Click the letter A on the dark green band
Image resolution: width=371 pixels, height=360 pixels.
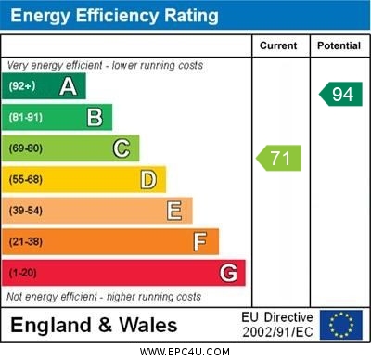68,87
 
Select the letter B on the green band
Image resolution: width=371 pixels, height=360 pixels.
95,118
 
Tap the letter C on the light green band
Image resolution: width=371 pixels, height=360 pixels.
122,148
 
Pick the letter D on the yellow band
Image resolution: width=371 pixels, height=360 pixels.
147,179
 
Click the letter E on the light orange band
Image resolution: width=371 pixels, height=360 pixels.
173,211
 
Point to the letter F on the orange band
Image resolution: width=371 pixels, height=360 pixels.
199,242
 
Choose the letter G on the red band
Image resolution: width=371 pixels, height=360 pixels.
227,274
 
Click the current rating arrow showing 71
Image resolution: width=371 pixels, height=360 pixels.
279,158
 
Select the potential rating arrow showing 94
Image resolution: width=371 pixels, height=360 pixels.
340,94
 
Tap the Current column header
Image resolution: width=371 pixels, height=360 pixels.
278,45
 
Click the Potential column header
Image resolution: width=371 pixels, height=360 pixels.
339,45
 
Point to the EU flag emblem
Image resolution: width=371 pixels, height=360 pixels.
341,325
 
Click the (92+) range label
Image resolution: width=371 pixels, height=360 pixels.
23,87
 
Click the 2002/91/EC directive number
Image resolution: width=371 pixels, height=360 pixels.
277,331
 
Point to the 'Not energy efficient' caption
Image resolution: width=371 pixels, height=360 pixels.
104,297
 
